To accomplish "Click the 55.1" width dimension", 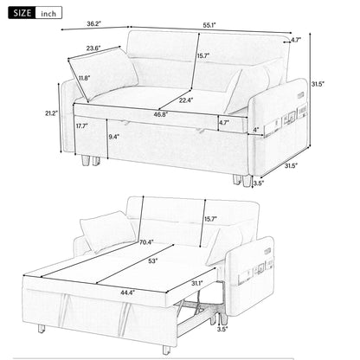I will [213, 27].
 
